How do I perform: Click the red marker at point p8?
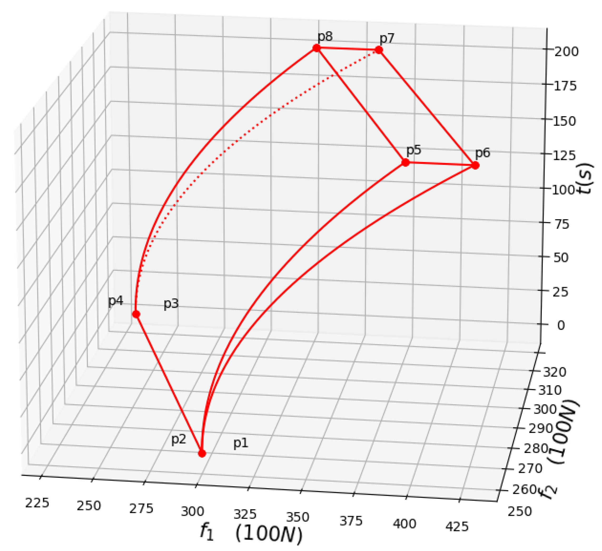pos(317,48)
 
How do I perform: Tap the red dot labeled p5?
pos(405,162)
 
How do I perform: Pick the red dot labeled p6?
pos(475,165)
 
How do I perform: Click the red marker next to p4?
pos(136,314)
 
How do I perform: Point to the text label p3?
pos(171,304)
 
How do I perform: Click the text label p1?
pos(241,443)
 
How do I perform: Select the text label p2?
pos(179,440)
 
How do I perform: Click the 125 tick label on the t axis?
pos(564,155)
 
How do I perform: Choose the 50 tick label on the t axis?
pos(561,258)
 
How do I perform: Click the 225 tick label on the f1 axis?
pos(37,503)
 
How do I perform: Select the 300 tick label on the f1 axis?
pos(193,512)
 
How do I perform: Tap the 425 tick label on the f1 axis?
pos(457,527)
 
